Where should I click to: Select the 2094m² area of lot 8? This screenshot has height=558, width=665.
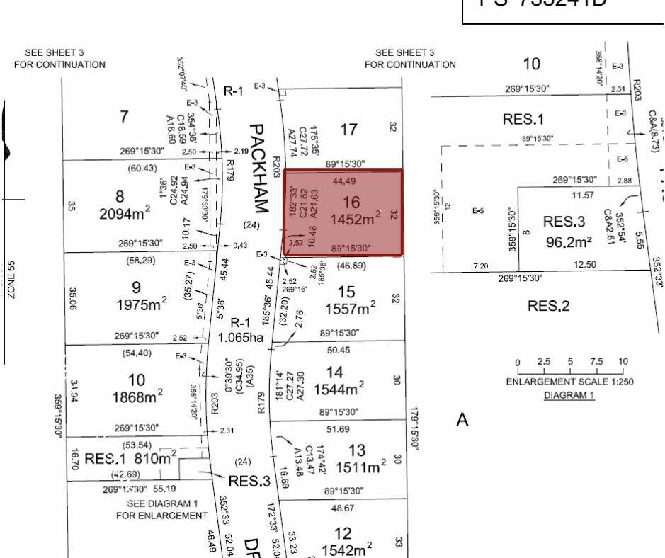123,215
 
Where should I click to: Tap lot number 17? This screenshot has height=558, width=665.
348,130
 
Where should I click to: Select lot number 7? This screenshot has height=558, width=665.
125,116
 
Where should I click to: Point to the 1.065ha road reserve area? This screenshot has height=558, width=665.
241,338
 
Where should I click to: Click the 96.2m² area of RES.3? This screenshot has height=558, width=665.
569,242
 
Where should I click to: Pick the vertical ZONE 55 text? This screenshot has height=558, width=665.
12,280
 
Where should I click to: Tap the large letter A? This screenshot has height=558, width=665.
463,420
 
